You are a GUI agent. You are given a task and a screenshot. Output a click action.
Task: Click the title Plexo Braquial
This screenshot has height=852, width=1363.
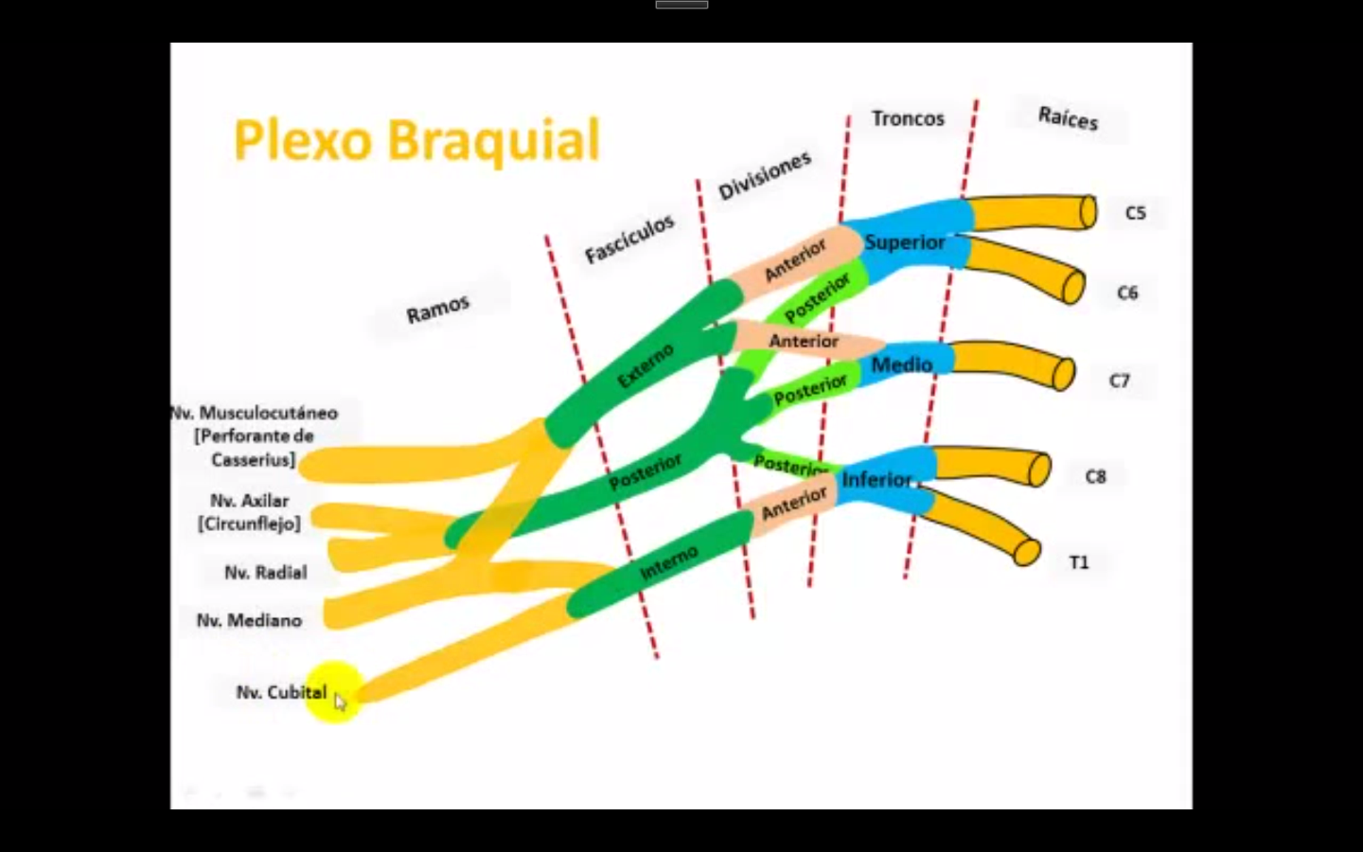coord(416,140)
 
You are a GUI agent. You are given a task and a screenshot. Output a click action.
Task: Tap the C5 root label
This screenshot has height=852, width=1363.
coord(1135,213)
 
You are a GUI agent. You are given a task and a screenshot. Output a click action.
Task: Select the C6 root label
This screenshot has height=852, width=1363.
coord(1127,293)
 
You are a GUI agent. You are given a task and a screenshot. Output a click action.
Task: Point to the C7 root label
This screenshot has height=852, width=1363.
coord(1119,381)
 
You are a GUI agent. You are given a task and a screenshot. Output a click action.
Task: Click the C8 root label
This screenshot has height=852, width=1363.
coord(1095,476)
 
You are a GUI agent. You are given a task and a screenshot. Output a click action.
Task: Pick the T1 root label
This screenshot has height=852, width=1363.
coord(1079,562)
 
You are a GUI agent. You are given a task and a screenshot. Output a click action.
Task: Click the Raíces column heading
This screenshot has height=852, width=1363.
coord(1068,117)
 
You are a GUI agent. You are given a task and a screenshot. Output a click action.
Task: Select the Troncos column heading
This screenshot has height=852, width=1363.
coord(908,118)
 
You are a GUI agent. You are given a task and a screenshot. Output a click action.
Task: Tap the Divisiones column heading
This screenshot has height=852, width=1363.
coord(764,175)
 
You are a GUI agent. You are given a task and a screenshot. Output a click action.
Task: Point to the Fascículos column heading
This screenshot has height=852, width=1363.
coord(629,239)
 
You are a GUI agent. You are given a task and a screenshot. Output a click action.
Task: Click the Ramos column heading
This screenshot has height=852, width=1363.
coord(437,309)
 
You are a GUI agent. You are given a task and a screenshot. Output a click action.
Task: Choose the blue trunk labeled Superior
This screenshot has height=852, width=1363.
coord(904,242)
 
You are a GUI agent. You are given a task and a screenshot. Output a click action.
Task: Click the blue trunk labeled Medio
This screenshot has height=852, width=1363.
coord(901,364)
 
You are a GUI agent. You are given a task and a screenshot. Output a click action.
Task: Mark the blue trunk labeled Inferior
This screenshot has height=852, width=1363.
coord(877,479)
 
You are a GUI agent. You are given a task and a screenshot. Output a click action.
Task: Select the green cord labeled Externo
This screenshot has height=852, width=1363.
coord(645,366)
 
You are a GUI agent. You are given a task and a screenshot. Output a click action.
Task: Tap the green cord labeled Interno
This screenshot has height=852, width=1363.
coord(668,564)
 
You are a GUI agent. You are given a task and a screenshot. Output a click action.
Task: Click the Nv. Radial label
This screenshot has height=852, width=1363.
coord(265,572)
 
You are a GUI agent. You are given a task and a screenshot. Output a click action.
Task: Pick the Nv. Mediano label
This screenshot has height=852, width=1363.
coord(249,620)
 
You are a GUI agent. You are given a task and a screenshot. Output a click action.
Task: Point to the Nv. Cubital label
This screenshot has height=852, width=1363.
coord(280,692)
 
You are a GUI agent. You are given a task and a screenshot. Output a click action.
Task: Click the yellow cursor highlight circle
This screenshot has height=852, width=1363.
coord(333,692)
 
